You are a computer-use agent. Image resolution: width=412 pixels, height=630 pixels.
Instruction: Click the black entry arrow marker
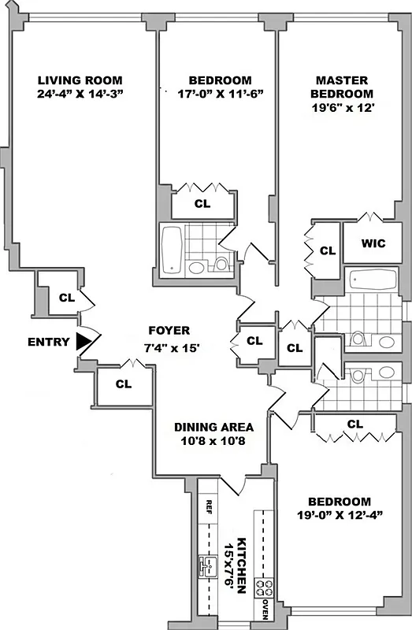(84, 342)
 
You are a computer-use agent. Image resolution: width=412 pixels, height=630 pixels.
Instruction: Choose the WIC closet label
(373, 243)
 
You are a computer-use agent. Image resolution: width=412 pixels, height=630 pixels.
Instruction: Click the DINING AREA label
(213, 428)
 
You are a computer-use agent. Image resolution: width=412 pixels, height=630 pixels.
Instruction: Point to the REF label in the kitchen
(210, 506)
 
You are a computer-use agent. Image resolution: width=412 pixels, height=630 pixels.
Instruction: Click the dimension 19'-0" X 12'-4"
(339, 517)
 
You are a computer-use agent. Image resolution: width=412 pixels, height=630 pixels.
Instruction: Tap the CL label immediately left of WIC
(328, 251)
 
